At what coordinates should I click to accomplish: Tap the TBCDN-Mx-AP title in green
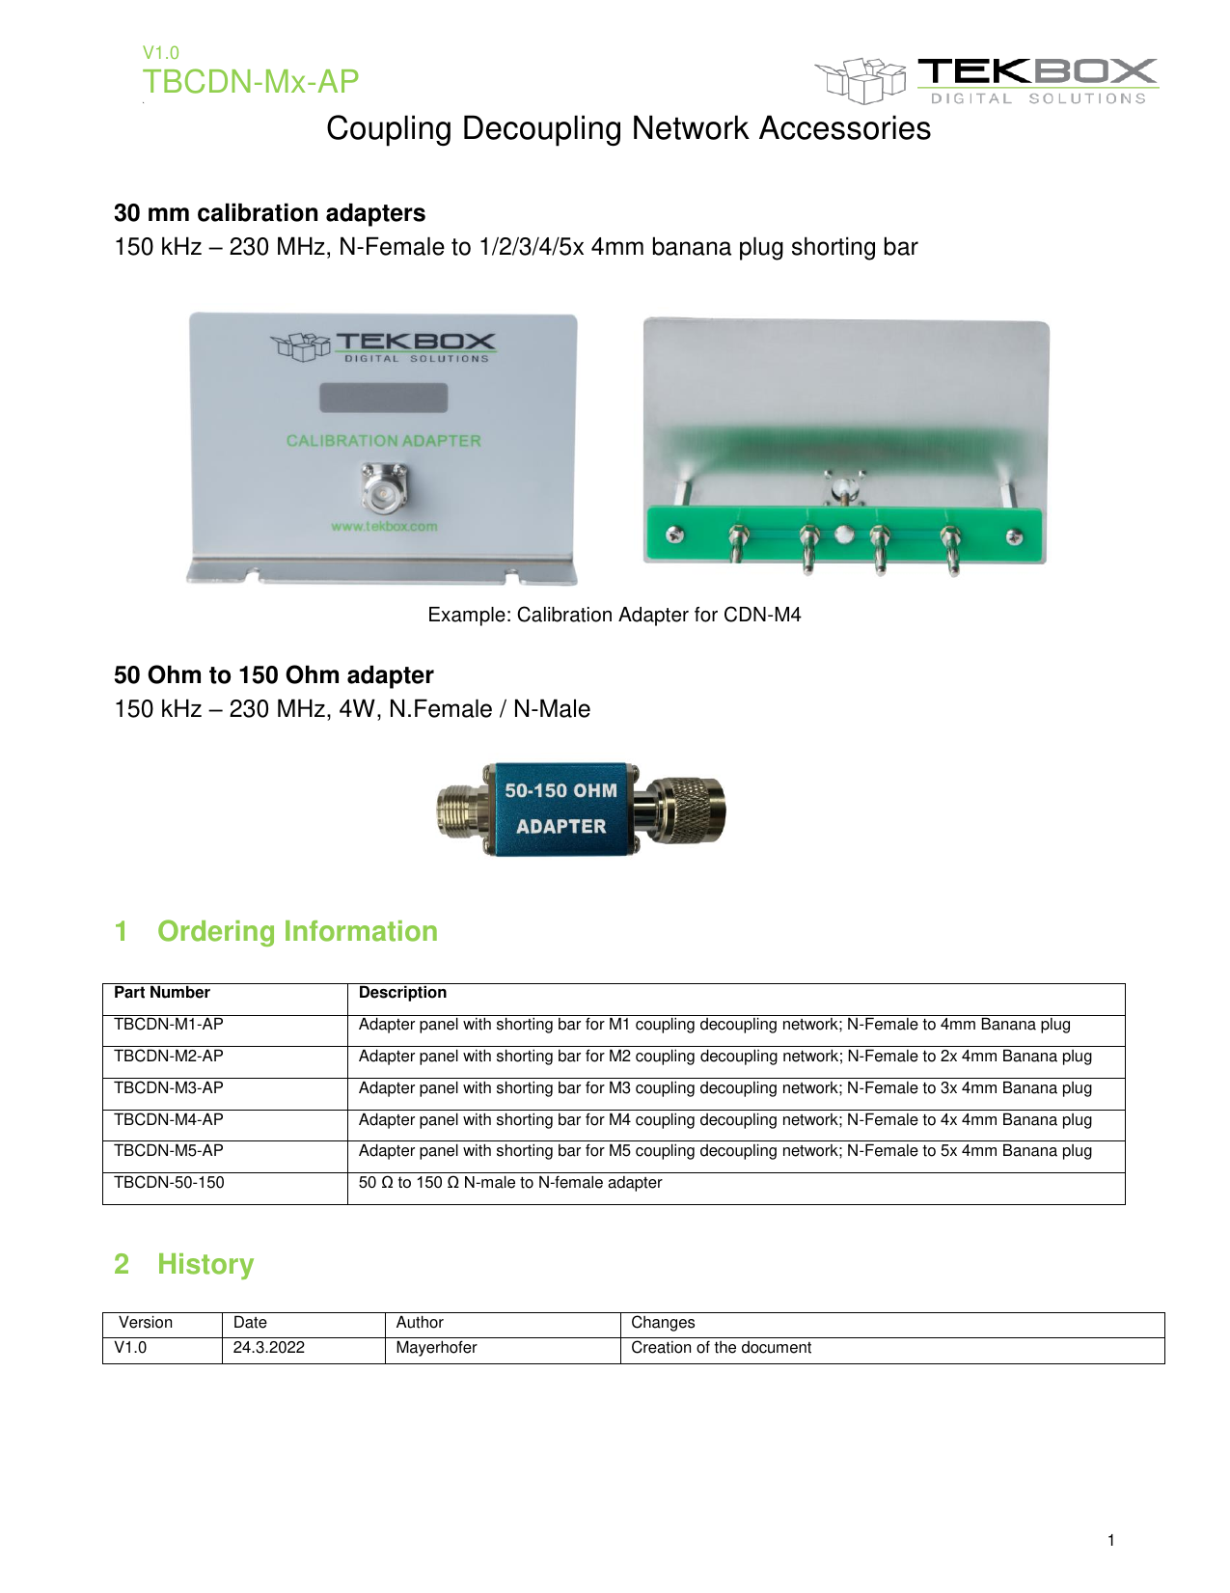coord(251,82)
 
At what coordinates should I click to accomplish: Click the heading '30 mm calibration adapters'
coord(269,213)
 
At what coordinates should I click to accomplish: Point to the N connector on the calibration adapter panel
coord(385,489)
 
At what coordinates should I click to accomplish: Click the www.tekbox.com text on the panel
coord(384,527)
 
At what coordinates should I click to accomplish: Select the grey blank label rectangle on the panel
coord(384,398)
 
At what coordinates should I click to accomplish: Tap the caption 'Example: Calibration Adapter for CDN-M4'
coord(615,616)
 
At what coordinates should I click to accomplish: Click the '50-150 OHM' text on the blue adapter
coord(560,791)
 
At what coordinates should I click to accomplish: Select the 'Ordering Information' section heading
coord(297,931)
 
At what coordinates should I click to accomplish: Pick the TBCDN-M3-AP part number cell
coord(169,1087)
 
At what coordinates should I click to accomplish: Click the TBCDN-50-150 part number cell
coord(169,1183)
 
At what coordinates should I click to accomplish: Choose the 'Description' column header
coord(402,993)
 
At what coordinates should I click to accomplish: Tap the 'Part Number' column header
coord(162,993)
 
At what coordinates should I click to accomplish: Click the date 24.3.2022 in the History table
coord(269,1348)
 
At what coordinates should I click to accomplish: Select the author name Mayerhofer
coord(436,1348)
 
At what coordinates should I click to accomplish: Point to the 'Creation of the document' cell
coord(721,1348)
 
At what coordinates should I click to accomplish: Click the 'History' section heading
coord(205,1264)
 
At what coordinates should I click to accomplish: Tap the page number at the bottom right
coord(1111,1540)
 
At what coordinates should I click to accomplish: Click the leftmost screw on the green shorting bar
coord(675,536)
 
